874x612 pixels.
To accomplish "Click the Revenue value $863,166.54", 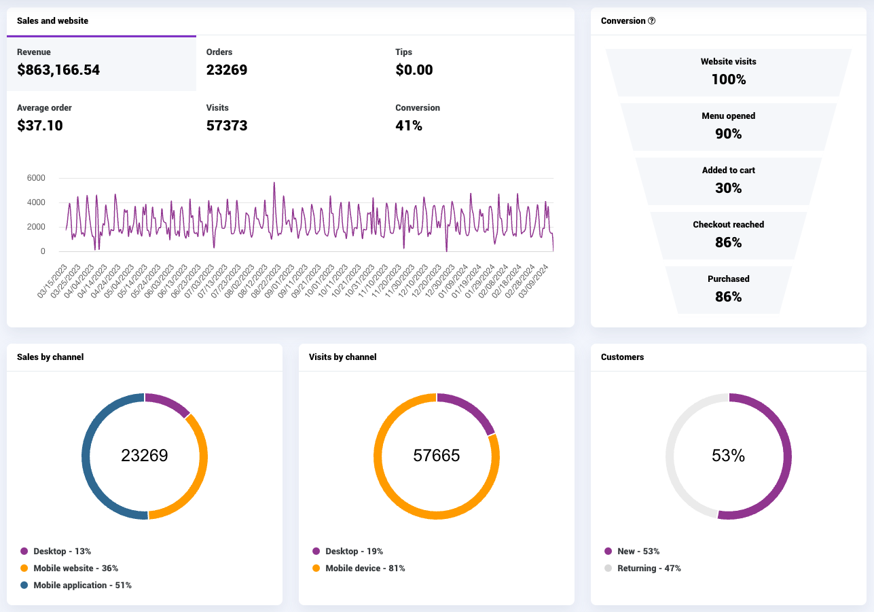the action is tap(58, 70).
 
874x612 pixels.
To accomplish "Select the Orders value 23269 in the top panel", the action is tap(227, 70).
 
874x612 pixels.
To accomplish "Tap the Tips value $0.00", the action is tap(414, 70).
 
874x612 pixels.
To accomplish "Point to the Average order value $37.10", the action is tap(40, 125).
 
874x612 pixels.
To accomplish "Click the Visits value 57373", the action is tap(227, 125).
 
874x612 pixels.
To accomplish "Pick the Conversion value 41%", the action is tap(409, 125).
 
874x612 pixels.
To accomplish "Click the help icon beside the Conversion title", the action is tap(652, 20).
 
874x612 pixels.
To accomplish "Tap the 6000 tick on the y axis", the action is tap(36, 178).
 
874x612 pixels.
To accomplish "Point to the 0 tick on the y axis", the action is tap(43, 251).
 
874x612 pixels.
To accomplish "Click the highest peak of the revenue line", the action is tap(274, 183).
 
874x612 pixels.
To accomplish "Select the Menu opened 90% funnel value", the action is tap(728, 134).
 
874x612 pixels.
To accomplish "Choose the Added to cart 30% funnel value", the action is tap(728, 188).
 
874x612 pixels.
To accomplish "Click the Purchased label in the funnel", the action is tap(728, 278).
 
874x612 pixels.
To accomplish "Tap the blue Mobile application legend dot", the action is tap(24, 585).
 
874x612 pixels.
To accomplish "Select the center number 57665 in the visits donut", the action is tap(436, 456).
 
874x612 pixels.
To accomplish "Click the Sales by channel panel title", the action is tap(50, 357).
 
